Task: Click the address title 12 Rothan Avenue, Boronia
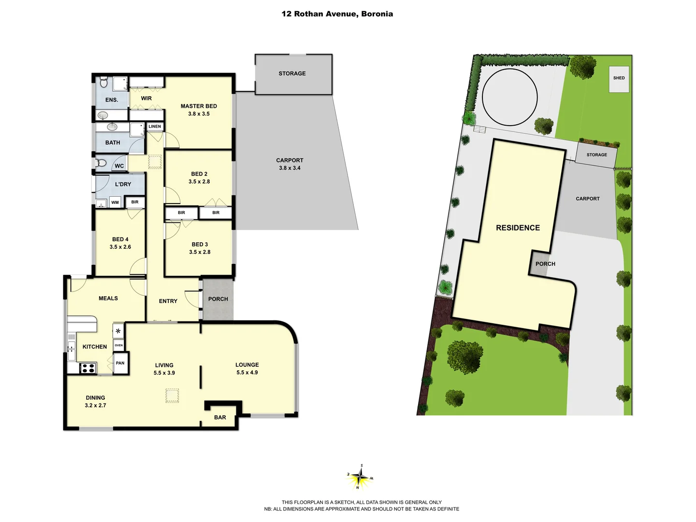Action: click(337, 14)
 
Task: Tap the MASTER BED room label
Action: click(199, 106)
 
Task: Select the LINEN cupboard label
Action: click(155, 127)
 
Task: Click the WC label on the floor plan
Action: click(119, 166)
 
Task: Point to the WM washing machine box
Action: click(115, 203)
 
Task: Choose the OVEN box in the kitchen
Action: click(119, 345)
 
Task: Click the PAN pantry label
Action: click(120, 363)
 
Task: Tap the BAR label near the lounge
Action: click(220, 418)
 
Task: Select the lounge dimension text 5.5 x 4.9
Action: click(247, 373)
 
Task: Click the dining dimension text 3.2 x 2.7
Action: click(95, 406)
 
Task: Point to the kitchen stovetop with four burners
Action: click(87, 368)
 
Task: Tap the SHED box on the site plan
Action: click(619, 78)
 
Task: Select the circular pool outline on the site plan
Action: click(509, 97)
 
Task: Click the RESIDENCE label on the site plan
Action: click(518, 228)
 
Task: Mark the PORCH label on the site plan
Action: click(545, 264)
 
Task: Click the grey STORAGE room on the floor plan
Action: click(292, 74)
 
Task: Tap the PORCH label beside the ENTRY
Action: click(218, 299)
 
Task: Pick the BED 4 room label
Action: click(120, 239)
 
